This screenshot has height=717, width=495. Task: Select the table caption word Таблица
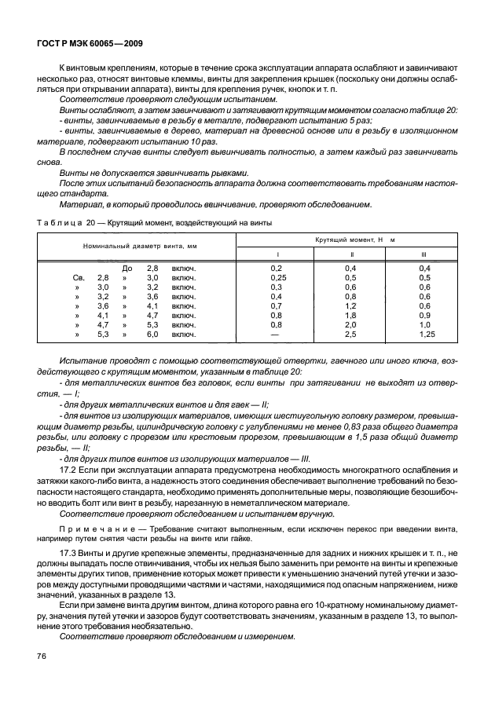pos(57,223)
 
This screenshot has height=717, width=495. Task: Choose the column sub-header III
pos(424,254)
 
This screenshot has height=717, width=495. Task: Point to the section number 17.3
pos(69,554)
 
